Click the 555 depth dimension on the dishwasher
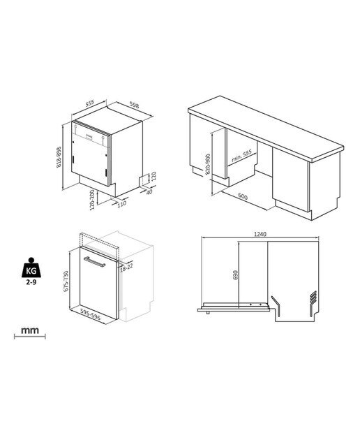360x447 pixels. click(x=89, y=103)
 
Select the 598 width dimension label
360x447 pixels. click(x=134, y=105)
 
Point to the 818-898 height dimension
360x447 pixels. click(x=59, y=156)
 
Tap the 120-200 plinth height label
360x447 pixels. click(x=92, y=200)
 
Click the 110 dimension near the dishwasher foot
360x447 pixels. click(x=121, y=203)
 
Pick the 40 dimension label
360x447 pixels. click(x=149, y=192)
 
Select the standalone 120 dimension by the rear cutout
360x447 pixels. click(x=153, y=176)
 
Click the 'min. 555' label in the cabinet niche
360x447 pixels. click(x=241, y=156)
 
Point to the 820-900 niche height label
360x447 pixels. click(x=208, y=164)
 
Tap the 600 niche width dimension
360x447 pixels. click(x=243, y=196)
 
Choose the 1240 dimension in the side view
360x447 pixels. click(x=260, y=234)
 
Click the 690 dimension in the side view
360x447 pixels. click(x=235, y=274)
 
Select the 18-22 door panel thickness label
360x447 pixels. click(x=126, y=268)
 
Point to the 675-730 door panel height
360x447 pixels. click(x=66, y=281)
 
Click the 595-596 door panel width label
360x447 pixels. click(x=90, y=314)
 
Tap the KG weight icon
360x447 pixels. click(x=31, y=268)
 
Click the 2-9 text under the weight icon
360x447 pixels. click(x=31, y=282)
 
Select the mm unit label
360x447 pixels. click(x=30, y=330)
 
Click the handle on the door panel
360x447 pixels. click(x=94, y=262)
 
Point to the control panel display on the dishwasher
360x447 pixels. click(x=89, y=135)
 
